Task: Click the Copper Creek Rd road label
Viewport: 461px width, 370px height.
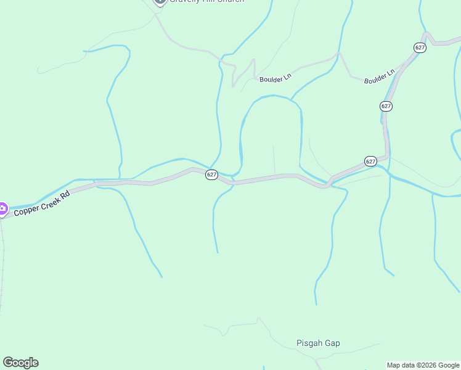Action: click(x=42, y=203)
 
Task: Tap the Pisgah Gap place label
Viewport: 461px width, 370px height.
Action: click(x=318, y=343)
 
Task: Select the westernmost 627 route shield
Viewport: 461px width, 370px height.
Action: click(x=211, y=175)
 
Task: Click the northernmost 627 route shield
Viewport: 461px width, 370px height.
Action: click(x=420, y=47)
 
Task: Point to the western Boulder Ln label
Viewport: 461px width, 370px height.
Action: click(x=275, y=79)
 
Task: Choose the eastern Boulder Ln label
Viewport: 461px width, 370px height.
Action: click(x=379, y=78)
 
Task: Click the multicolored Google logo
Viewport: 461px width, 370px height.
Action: click(x=20, y=363)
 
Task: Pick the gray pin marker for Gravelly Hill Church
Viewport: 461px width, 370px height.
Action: click(x=160, y=1)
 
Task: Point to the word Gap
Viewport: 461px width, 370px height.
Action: click(x=333, y=343)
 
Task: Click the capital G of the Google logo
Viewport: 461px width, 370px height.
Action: click(x=8, y=362)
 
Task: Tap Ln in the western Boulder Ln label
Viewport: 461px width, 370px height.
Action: click(x=286, y=77)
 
